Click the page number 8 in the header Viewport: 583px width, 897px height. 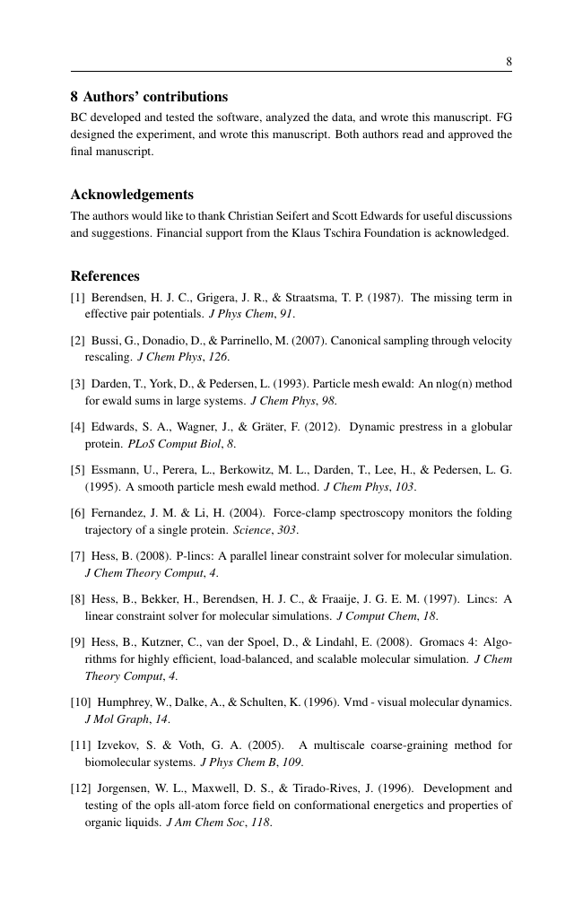coord(509,62)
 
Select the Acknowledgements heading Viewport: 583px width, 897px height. coord(132,195)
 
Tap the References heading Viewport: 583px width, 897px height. coord(105,276)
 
